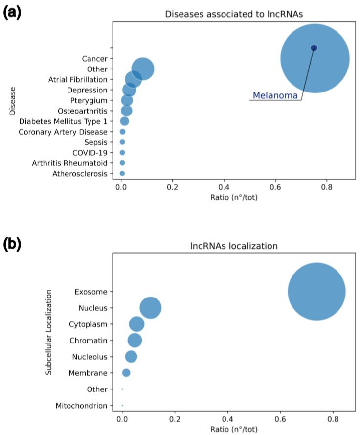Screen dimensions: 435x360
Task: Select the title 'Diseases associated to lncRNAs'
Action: coord(233,14)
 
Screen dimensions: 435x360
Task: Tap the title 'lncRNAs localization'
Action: coord(233,246)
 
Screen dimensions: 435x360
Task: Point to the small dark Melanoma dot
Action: coord(314,48)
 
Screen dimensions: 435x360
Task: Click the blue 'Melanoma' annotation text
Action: coord(275,96)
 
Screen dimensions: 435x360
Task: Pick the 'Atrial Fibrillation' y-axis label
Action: coord(78,79)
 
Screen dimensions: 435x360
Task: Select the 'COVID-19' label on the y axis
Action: coord(90,152)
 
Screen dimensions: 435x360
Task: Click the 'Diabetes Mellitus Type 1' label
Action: coord(63,121)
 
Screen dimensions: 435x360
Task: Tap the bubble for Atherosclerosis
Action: coord(122,173)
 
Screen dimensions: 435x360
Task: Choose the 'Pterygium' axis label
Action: coord(89,100)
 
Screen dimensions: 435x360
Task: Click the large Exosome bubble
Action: coord(316,291)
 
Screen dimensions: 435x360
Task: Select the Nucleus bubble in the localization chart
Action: coord(151,308)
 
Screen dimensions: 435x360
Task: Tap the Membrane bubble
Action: coord(126,373)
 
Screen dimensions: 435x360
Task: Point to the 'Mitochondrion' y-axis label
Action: coord(81,406)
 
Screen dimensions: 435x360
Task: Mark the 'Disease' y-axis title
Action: coord(12,101)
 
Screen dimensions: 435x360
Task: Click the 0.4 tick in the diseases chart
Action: coord(224,187)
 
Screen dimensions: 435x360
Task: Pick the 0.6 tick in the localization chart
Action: coord(280,419)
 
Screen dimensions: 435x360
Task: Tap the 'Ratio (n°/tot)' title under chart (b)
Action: coord(233,429)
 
